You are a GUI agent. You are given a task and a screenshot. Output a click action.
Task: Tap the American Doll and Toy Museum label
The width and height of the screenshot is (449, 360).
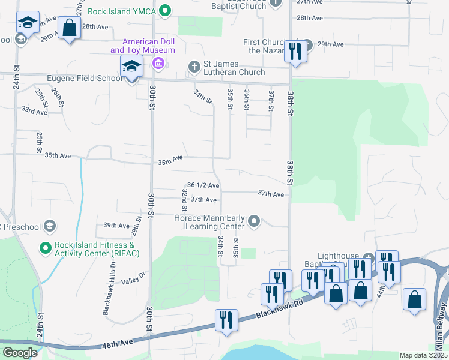pyautogui.click(x=148, y=46)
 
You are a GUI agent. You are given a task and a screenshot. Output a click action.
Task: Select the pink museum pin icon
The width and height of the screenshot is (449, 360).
pyautogui.click(x=158, y=64)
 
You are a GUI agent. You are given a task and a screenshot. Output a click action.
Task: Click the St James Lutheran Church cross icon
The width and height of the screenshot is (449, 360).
pyautogui.click(x=194, y=67)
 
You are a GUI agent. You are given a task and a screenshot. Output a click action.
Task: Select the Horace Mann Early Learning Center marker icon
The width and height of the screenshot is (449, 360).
pyautogui.click(x=254, y=222)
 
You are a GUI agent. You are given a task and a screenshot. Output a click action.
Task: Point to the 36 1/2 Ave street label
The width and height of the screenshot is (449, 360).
pyautogui.click(x=203, y=185)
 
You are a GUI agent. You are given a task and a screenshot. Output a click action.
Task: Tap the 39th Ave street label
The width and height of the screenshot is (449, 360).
pyautogui.click(x=116, y=226)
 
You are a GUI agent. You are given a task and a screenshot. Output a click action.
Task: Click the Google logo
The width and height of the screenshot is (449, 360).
pyautogui.click(x=20, y=353)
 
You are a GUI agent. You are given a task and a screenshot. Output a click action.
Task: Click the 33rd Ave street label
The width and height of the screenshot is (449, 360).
pyautogui.click(x=34, y=112)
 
